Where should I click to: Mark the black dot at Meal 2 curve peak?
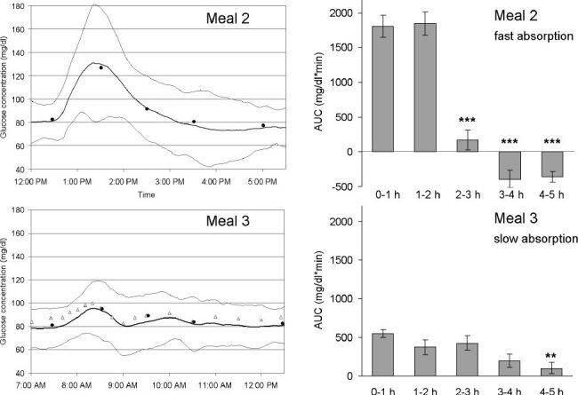(101, 68)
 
